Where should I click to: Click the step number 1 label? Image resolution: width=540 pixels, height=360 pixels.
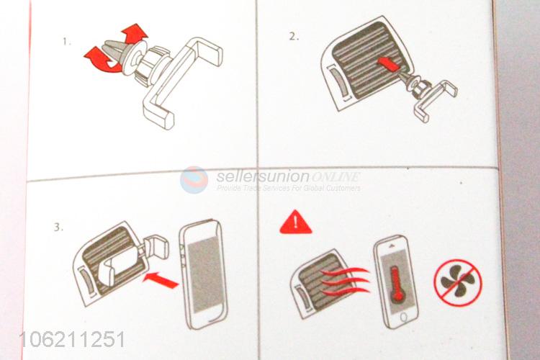pyautogui.click(x=66, y=42)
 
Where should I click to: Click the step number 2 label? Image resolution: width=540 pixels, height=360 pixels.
pyautogui.click(x=294, y=37)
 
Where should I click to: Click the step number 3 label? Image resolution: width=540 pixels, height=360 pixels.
pyautogui.click(x=58, y=228)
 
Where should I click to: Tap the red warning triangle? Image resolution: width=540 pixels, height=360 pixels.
pyautogui.click(x=296, y=222)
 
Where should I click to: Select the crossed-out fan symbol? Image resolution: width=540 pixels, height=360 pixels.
pyautogui.click(x=458, y=283)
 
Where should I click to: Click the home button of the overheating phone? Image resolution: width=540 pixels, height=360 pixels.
pyautogui.click(x=404, y=318)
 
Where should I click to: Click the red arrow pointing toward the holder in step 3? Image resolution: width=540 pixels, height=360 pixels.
pyautogui.click(x=161, y=279)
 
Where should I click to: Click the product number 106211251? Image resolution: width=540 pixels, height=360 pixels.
pyautogui.click(x=73, y=340)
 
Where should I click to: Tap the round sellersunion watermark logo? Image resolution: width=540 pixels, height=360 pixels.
pyautogui.click(x=194, y=180)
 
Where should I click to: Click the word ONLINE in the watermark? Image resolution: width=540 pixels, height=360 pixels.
pyautogui.click(x=336, y=177)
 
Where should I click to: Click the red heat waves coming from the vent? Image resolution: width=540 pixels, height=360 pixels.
pyautogui.click(x=344, y=281)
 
